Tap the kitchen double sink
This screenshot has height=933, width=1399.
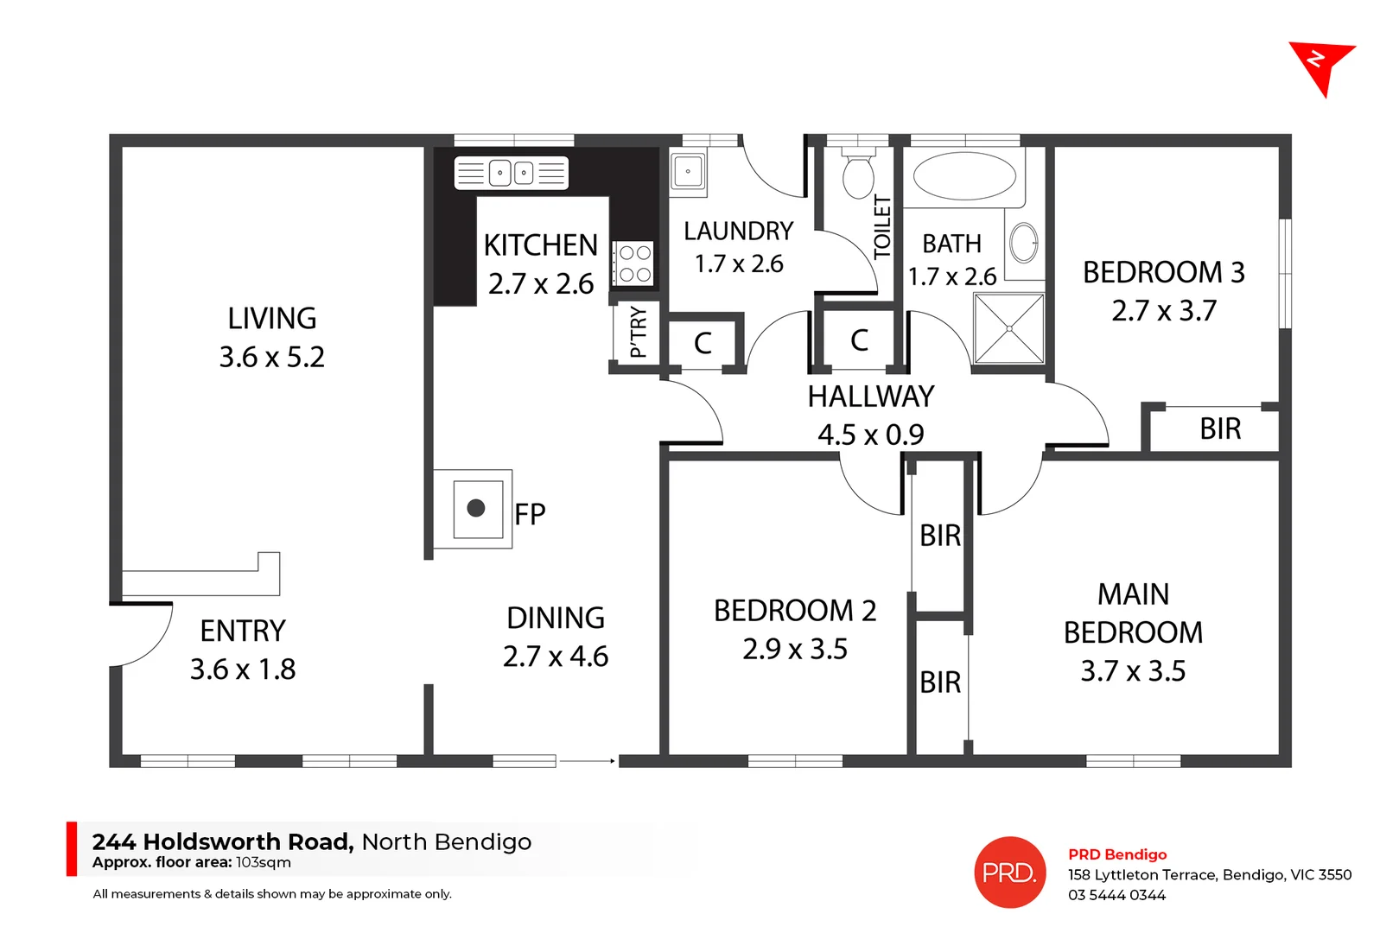tap(512, 173)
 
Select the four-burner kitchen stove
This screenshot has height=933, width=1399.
tap(635, 263)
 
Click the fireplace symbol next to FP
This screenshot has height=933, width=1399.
tap(476, 508)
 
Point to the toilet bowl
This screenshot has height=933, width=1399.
tap(858, 176)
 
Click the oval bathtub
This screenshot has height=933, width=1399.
tap(964, 176)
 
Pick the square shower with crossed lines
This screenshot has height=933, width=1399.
tap(1008, 328)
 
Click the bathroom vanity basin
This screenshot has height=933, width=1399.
tap(1025, 243)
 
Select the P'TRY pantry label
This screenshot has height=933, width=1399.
tap(638, 332)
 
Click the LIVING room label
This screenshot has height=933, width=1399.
tap(272, 319)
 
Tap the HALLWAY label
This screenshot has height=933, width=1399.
tap(870, 397)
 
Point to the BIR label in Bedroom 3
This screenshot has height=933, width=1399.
tap(1220, 428)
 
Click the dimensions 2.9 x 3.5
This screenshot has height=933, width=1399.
tap(795, 649)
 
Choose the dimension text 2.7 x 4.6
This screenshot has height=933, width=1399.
tap(556, 657)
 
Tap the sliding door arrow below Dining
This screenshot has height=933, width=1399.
tap(588, 761)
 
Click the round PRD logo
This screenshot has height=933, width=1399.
tap(1009, 873)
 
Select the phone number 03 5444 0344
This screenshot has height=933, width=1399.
tap(1116, 895)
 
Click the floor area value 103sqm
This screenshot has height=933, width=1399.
tap(264, 862)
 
